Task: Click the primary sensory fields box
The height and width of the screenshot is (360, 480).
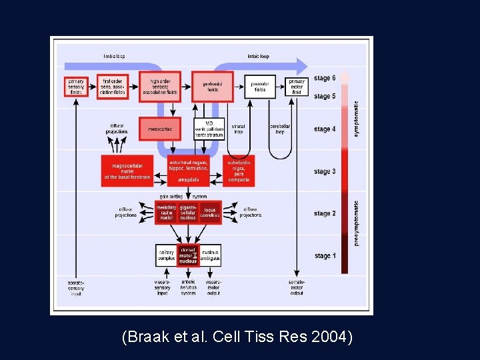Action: pos(76,86)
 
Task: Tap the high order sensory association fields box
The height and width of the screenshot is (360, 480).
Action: pos(160,86)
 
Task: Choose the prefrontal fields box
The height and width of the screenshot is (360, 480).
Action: pos(212,86)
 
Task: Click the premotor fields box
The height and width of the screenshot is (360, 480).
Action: pos(259,87)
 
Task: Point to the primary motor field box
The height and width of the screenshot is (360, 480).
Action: pos(296,87)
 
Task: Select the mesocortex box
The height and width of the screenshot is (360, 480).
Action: pos(160,129)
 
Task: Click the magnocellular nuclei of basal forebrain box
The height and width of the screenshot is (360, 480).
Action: pos(127,171)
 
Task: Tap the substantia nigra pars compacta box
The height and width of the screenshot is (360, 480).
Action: pos(238,171)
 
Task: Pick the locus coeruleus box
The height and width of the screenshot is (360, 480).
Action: pos(210,212)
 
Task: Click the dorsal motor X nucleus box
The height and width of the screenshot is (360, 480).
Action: pos(188,255)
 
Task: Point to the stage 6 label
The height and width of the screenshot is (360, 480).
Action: pos(325,79)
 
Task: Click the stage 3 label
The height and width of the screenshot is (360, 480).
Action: pos(325,172)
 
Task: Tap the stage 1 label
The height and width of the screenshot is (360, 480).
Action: pos(325,256)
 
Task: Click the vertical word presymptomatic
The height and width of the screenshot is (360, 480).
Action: pos(356,223)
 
